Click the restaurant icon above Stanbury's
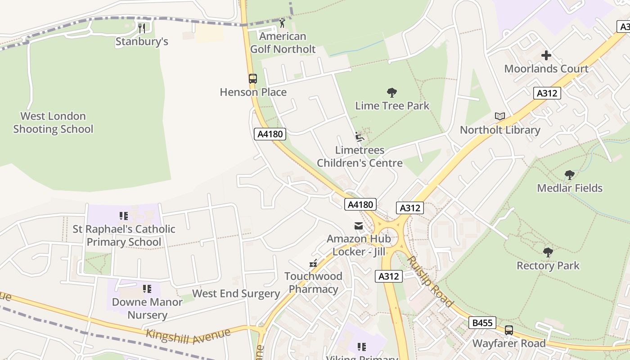142,28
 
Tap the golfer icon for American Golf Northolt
282,23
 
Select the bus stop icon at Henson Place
253,79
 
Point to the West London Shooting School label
53,123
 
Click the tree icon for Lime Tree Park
392,93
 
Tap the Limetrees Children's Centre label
360,157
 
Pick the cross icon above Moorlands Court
546,55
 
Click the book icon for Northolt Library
499,117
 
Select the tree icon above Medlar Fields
569,175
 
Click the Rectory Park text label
548,265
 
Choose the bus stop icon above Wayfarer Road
509,330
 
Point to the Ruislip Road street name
430,281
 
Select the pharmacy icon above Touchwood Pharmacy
313,263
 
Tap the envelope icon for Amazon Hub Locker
359,226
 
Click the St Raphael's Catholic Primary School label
124,235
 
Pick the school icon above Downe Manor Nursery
147,288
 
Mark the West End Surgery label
236,294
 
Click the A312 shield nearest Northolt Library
547,93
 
